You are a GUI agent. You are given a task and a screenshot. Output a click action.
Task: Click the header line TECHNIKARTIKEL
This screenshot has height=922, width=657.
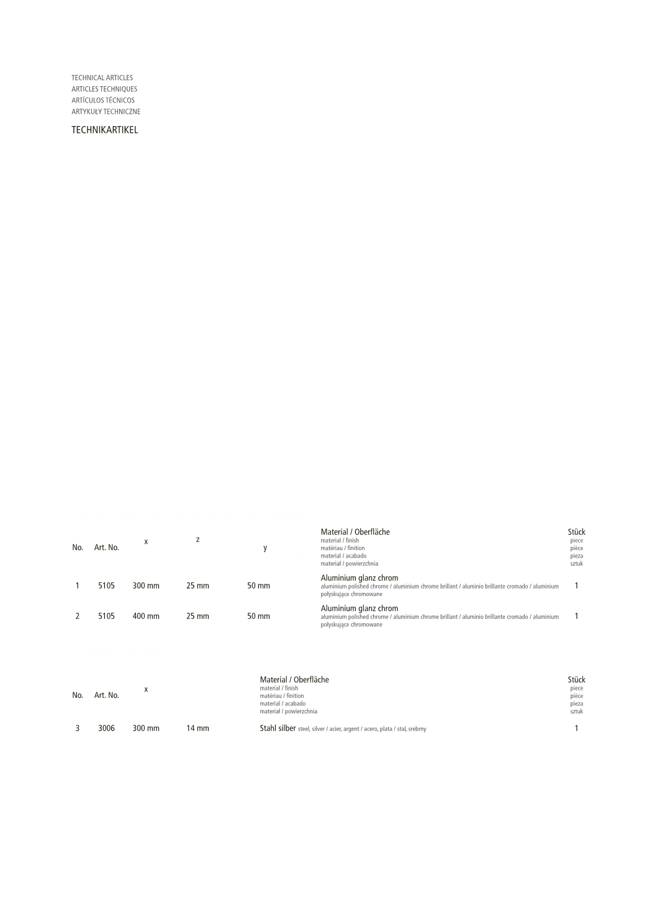point(104,130)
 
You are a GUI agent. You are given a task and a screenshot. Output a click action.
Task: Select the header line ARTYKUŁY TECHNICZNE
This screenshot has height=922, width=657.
point(106,112)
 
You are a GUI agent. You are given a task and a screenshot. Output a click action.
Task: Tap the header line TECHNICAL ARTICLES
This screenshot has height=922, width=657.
point(102,78)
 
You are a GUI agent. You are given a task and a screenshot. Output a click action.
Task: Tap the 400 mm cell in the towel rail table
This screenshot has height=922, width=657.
point(146,617)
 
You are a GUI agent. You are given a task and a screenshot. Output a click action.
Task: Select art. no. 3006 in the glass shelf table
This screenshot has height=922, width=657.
point(106,728)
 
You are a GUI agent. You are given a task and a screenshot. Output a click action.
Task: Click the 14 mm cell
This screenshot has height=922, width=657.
point(197,728)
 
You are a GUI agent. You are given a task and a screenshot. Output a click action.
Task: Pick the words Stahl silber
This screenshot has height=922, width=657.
point(278,728)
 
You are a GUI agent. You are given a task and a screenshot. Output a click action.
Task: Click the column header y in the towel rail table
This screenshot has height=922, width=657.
point(265,548)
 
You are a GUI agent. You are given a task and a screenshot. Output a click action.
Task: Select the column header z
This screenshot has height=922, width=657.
point(197,540)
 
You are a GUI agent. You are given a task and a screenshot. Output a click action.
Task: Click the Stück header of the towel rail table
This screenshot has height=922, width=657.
point(576,532)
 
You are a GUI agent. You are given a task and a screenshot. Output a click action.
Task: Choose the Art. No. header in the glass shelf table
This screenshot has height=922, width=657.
point(106,695)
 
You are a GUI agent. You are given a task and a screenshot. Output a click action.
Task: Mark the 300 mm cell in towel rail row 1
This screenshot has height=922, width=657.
point(146,586)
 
